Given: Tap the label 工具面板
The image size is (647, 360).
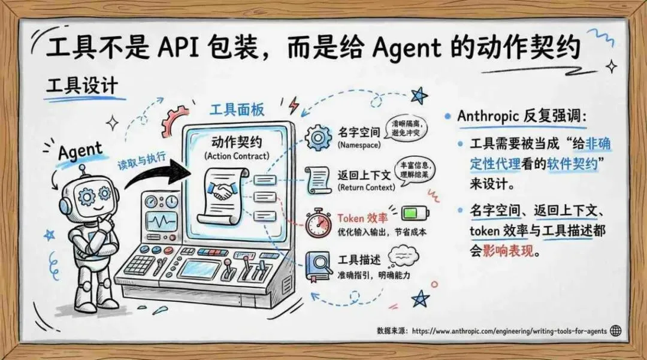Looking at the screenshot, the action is [x=237, y=111].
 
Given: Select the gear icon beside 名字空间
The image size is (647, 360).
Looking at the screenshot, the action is [x=318, y=137].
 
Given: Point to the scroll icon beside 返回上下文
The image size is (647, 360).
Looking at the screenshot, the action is [x=318, y=179].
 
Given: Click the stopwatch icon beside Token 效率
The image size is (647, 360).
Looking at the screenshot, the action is [x=318, y=223].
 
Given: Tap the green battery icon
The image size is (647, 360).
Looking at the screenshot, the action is [x=412, y=213].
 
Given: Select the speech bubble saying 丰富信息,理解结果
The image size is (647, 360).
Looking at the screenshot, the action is [x=414, y=168].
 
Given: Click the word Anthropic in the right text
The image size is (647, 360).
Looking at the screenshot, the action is [x=486, y=116].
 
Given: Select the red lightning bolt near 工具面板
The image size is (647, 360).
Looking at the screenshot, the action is [x=294, y=106].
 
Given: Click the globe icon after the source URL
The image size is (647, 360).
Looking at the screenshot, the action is [x=615, y=331].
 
